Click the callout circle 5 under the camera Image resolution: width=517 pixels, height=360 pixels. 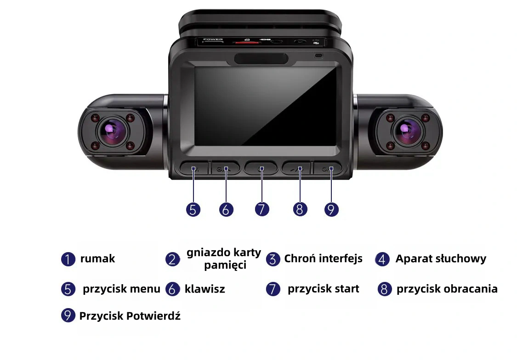(x=193, y=209)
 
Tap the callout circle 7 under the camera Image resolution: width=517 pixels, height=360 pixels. (x=262, y=209)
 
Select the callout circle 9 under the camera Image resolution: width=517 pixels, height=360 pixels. (x=331, y=209)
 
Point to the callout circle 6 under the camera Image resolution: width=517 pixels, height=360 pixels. (x=226, y=209)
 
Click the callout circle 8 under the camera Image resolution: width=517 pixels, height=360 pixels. (x=300, y=209)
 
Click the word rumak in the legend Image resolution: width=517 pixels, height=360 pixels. (x=97, y=259)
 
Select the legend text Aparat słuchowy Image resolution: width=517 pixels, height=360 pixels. (x=441, y=259)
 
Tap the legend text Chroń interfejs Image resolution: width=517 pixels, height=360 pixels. (x=323, y=259)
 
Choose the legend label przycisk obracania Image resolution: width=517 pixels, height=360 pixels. (x=447, y=289)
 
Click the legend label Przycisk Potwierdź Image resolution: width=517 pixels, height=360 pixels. (x=130, y=316)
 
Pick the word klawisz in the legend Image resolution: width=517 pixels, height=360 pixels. (x=205, y=289)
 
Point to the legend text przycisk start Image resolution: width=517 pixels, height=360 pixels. (x=324, y=289)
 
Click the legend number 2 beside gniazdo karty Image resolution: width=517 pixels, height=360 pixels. (x=172, y=259)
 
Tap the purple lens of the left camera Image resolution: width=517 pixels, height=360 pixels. (x=113, y=131)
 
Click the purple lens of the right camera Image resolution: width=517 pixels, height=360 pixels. (x=407, y=131)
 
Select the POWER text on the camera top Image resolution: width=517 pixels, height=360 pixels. (x=213, y=39)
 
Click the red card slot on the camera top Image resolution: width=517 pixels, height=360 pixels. (x=246, y=43)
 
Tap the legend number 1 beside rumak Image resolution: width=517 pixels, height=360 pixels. (x=68, y=259)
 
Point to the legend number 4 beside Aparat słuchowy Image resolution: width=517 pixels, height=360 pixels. (x=382, y=259)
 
